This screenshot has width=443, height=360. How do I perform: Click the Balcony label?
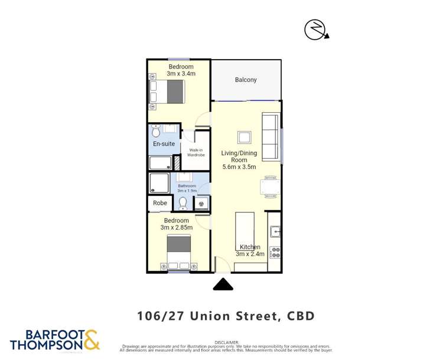[x=246, y=80]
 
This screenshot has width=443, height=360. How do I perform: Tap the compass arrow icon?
[x=316, y=30]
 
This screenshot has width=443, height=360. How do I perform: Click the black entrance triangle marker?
[x=223, y=284]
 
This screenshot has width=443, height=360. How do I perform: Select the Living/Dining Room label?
[x=239, y=160]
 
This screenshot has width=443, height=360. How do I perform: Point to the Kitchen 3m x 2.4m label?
[x=250, y=250]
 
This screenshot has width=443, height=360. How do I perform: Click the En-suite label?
[x=164, y=143]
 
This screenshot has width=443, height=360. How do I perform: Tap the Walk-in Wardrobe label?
[x=196, y=152]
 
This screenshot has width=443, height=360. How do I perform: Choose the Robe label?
[x=160, y=203]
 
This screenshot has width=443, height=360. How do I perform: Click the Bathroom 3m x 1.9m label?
[x=187, y=188]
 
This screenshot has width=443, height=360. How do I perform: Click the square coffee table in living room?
[x=244, y=138]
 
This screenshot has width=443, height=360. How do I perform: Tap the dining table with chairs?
[x=270, y=187]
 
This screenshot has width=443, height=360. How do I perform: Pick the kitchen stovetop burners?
[x=275, y=252]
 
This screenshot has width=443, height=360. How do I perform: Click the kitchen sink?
[x=275, y=232]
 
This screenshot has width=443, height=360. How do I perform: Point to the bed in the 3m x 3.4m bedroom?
[x=168, y=91]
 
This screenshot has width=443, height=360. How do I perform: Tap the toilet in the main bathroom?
[x=183, y=204]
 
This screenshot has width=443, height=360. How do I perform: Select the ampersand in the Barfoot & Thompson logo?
[x=92, y=339]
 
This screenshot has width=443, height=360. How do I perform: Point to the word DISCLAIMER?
[x=226, y=342]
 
